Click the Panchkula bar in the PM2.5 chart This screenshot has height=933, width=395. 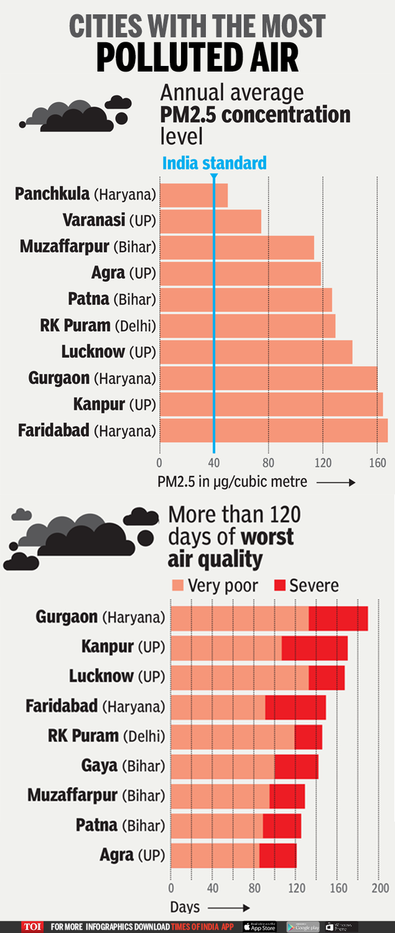click(194, 195)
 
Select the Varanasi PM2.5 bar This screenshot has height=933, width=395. click(210, 221)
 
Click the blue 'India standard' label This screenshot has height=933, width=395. click(215, 163)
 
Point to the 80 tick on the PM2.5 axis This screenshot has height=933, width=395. click(268, 462)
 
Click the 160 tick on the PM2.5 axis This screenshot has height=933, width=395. click(377, 462)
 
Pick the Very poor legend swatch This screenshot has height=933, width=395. click(177, 585)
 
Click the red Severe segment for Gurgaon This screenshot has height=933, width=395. click(338, 618)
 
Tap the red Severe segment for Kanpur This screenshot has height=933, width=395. click(314, 648)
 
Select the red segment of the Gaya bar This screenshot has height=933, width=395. click(296, 766)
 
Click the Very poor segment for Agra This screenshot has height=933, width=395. click(215, 855)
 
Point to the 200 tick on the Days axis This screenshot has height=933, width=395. click(381, 888)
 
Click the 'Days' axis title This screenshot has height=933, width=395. click(185, 907)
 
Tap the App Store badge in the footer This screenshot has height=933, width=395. click(259, 926)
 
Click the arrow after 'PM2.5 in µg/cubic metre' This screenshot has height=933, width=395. click(336, 483)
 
